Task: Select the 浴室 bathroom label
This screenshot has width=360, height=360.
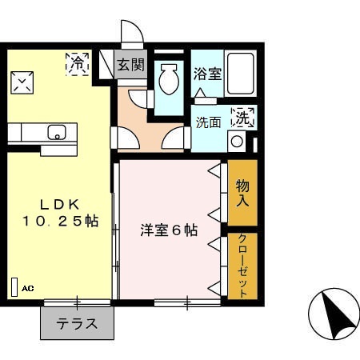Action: tap(208, 74)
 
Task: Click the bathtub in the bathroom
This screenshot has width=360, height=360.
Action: tap(240, 74)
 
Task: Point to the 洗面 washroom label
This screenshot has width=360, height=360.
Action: tap(208, 122)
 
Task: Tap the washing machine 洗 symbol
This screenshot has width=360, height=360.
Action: tap(242, 118)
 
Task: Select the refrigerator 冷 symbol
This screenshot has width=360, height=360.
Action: tap(78, 64)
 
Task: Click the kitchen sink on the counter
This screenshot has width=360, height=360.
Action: tap(58, 132)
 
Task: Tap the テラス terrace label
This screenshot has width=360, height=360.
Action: tap(77, 324)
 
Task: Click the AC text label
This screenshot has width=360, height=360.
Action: tap(28, 287)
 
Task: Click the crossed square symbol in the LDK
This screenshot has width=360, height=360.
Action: tap(22, 82)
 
